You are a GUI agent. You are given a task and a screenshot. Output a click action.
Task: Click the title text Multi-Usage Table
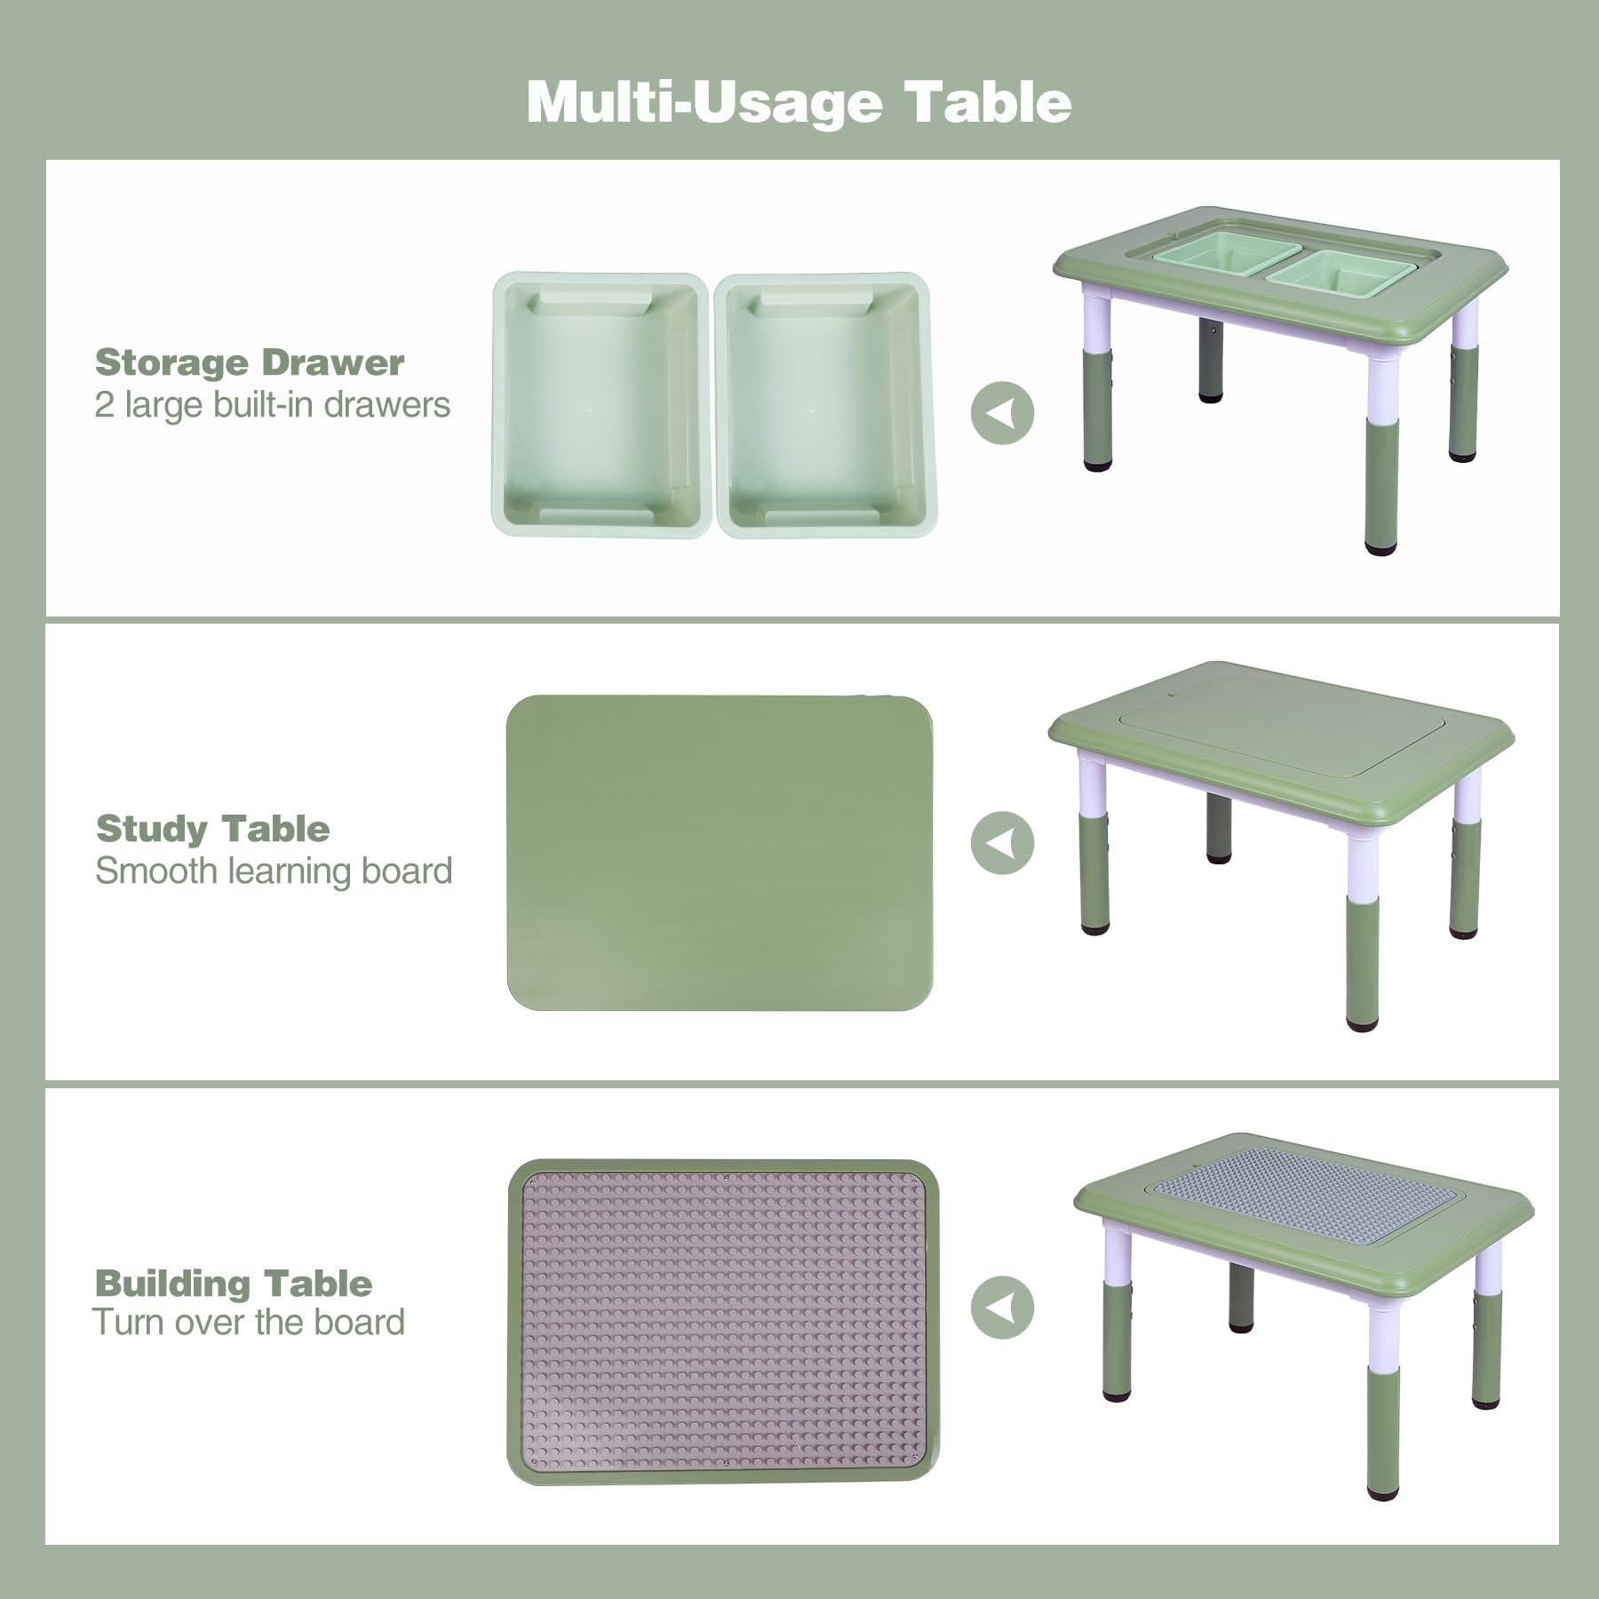[799, 102]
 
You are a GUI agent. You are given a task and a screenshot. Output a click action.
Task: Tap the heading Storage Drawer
[250, 362]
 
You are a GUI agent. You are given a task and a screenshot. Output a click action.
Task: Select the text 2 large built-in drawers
[272, 405]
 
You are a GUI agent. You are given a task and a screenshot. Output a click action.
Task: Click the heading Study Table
[213, 829]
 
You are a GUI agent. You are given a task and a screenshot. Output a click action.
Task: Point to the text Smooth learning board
[274, 871]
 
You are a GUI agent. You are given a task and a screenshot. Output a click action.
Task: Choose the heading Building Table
[234, 1284]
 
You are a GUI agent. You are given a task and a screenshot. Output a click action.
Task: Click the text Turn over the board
[249, 1323]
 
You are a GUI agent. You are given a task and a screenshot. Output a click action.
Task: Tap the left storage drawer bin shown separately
[600, 405]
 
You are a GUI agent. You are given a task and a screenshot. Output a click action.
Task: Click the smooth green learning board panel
[720, 853]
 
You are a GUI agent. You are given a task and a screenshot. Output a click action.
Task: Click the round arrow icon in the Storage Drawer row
[1002, 413]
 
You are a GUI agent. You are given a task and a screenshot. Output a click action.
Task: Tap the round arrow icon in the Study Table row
[1002, 842]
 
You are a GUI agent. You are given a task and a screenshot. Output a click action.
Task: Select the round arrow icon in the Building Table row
[1002, 1308]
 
